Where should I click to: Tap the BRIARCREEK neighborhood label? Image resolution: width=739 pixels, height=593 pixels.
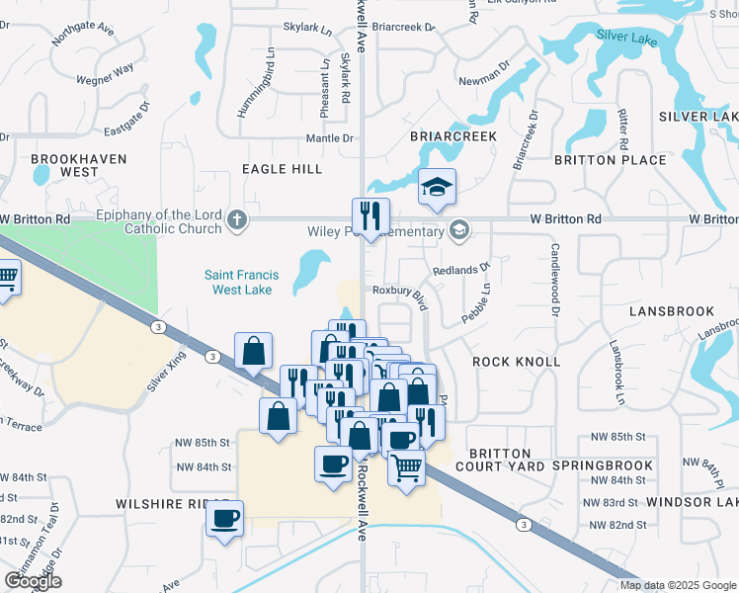450,137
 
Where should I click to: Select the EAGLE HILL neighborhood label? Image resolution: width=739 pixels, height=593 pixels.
283,169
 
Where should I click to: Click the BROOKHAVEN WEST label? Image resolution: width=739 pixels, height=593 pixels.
65,165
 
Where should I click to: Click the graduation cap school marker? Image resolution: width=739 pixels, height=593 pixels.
435,187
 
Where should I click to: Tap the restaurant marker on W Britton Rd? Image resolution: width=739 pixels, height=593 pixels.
370,215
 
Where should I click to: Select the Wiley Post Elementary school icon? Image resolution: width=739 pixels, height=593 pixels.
458,231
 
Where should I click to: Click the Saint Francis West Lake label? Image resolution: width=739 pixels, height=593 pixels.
242,283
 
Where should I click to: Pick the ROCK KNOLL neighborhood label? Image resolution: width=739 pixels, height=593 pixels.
516,362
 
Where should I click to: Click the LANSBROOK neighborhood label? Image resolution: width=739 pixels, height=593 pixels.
671,311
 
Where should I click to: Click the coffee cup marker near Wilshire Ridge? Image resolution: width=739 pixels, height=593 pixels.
225,517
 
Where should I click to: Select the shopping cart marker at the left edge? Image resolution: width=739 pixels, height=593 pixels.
6,279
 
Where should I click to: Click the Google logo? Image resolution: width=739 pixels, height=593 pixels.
33,581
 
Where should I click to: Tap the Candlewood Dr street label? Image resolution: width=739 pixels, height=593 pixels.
555,280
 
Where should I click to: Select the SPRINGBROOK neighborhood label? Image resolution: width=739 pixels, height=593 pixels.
602,466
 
